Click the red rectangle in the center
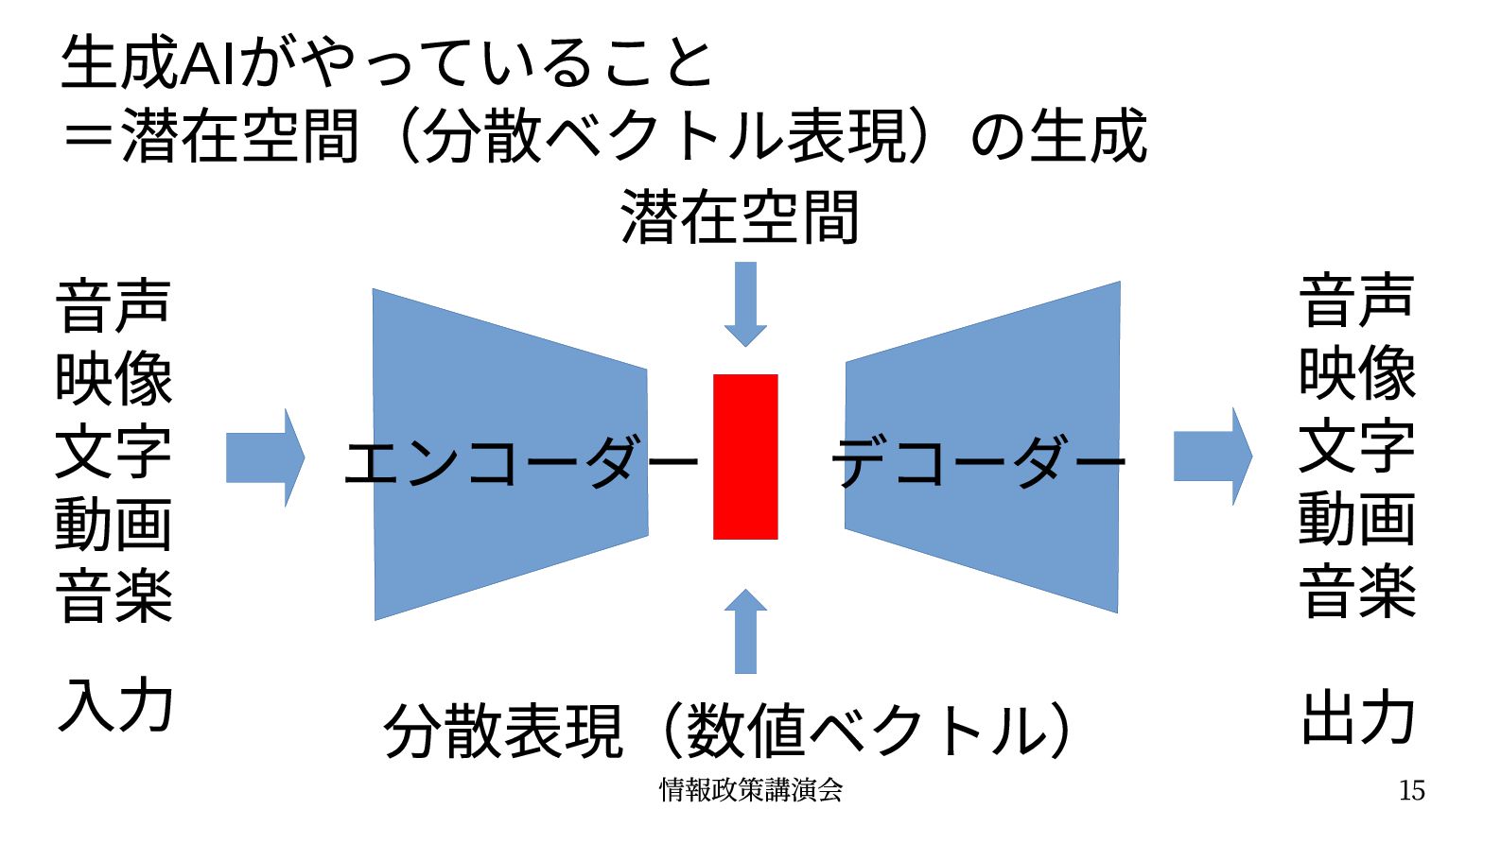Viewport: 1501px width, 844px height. coord(745,456)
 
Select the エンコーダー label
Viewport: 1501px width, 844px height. coord(520,462)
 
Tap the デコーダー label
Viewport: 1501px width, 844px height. coord(979,462)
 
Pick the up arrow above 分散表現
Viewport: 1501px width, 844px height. coord(745,630)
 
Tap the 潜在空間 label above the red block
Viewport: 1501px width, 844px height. coord(740,217)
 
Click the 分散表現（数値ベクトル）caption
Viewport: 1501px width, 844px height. coord(728,731)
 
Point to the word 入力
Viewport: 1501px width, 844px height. coord(115,705)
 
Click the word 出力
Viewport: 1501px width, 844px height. coord(1358,717)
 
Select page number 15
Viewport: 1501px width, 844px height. coord(1411,790)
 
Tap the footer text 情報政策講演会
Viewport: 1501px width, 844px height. coord(751,789)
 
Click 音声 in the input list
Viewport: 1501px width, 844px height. coord(113,305)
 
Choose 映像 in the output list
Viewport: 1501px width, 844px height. coord(1357,373)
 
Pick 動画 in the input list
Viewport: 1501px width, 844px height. coord(113,525)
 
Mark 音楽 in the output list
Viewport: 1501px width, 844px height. coord(1357,593)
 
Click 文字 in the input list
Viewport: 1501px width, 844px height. coord(113,452)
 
